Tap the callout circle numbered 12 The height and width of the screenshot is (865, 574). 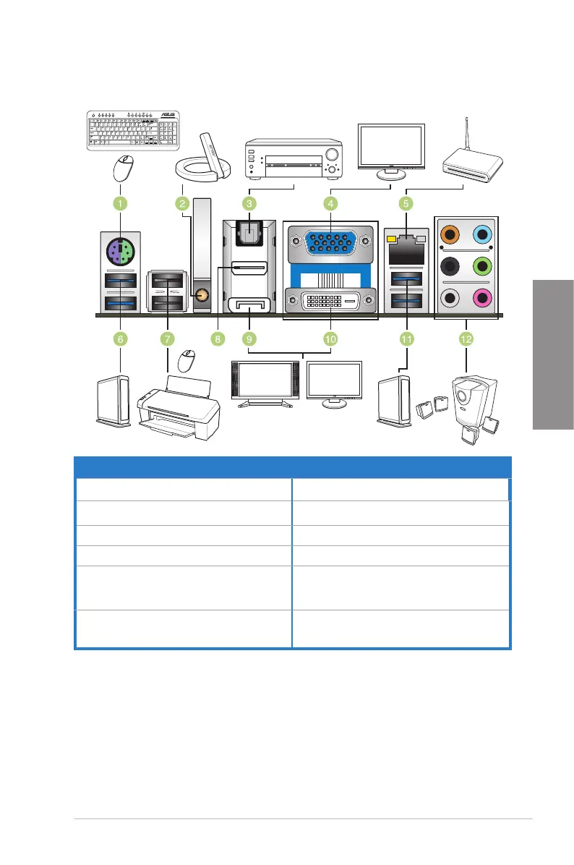click(466, 338)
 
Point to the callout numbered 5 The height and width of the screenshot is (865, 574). click(406, 205)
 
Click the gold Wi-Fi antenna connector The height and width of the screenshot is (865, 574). click(202, 295)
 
